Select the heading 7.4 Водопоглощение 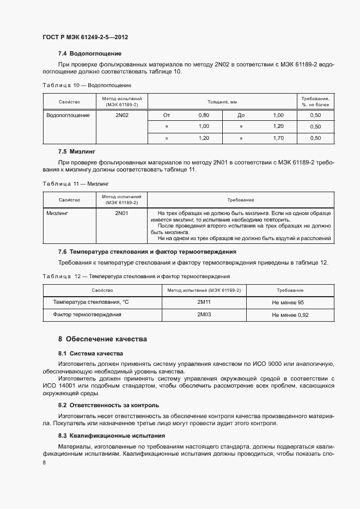pyautogui.click(x=89, y=54)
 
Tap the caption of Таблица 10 pyautogui.click(x=87, y=85)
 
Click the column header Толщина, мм pyautogui.click(x=222, y=102)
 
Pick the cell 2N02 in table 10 pyautogui.click(x=122, y=115)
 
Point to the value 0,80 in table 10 pyautogui.click(x=204, y=115)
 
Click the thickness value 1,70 pyautogui.click(x=278, y=138)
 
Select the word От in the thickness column pyautogui.click(x=167, y=115)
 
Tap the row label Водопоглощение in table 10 pyautogui.click(x=68, y=115)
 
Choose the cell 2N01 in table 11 pyautogui.click(x=121, y=213)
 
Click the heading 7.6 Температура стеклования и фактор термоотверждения pyautogui.click(x=147, y=252)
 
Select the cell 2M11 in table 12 pyautogui.click(x=204, y=302)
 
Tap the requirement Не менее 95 pyautogui.click(x=288, y=303)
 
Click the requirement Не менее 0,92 pyautogui.click(x=290, y=315)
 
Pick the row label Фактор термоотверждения pyautogui.click(x=87, y=315)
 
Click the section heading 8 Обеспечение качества pyautogui.click(x=102, y=339)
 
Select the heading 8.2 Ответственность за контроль pyautogui.click(x=108, y=405)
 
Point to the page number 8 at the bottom pyautogui.click(x=44, y=462)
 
